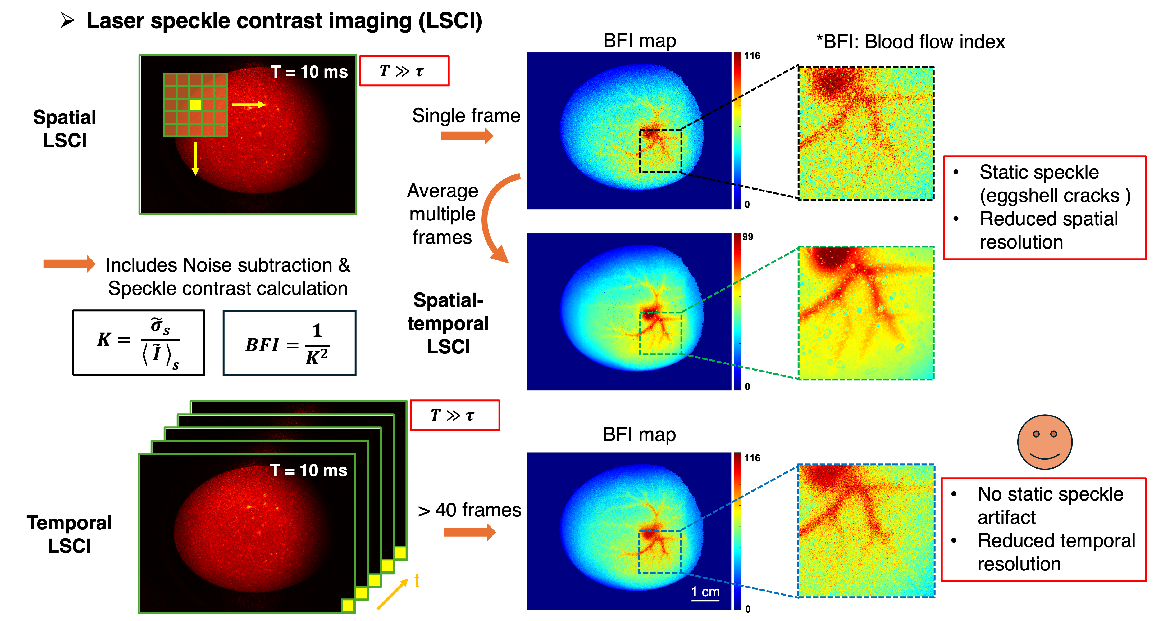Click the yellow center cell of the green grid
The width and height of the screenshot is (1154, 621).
[195, 105]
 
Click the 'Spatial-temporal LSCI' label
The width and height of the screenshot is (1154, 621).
[448, 323]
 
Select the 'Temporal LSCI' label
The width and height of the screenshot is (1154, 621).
[69, 534]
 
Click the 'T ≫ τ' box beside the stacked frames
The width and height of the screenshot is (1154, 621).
[455, 415]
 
